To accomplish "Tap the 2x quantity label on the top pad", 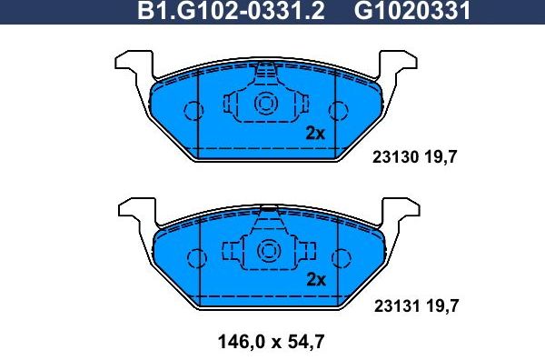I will tap(315, 133).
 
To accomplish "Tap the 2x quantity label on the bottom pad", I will tap(315, 279).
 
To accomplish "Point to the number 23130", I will tap(394, 157).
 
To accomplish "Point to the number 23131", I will tap(394, 306).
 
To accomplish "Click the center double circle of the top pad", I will tap(267, 102).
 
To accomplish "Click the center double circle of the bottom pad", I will tap(267, 249).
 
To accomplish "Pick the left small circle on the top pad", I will tap(193, 111).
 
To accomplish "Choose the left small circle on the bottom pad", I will tap(193, 258).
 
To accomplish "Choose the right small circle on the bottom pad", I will tap(341, 258).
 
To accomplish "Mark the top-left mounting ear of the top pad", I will tap(131, 60).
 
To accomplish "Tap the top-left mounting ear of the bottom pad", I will tap(131, 209).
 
